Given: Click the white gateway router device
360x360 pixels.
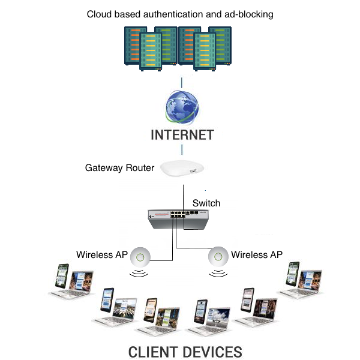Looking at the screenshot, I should point(182,170).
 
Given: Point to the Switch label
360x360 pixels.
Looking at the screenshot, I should point(206,203).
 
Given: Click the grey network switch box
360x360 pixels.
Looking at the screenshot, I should point(179,220).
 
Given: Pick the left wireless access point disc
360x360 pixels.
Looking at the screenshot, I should point(142,257).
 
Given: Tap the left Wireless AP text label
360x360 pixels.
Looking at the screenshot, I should point(102,255).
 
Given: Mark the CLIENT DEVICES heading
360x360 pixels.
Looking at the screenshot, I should point(185,351).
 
